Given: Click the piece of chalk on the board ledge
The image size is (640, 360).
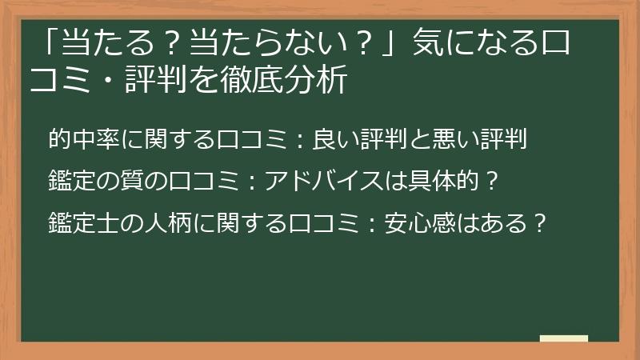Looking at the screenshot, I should [564, 338].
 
